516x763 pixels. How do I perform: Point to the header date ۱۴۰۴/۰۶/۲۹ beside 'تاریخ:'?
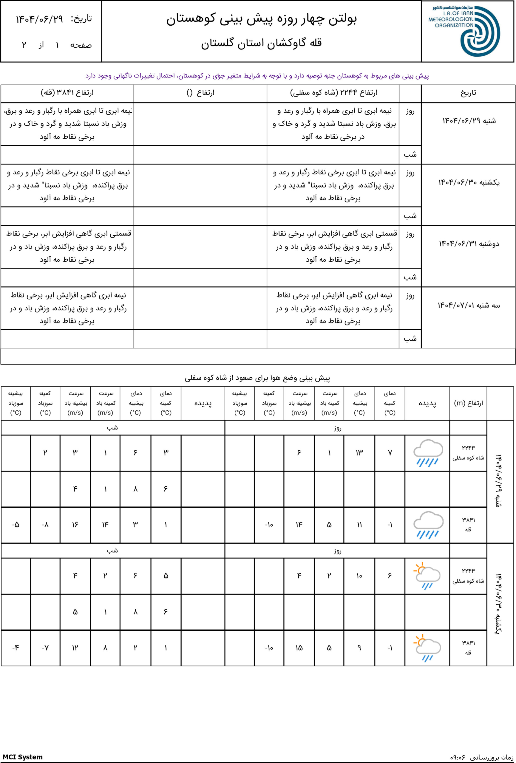[x=39, y=19]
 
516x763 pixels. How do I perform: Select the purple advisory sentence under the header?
[x=257, y=76]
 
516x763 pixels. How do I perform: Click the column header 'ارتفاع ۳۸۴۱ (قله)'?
[x=67, y=93]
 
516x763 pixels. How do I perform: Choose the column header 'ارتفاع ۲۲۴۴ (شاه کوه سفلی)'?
[x=333, y=93]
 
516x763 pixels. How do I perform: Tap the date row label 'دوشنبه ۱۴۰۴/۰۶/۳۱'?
[x=469, y=244]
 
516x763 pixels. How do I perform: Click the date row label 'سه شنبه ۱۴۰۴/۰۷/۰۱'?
[x=468, y=305]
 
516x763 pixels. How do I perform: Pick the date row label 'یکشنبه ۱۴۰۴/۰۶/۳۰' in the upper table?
[x=469, y=182]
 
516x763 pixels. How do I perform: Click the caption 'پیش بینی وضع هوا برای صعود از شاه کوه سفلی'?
[x=257, y=378]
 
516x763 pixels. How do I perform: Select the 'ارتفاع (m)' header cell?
[x=468, y=403]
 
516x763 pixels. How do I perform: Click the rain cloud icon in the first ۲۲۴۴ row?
[x=427, y=453]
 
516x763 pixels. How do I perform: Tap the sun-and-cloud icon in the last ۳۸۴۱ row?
[x=427, y=648]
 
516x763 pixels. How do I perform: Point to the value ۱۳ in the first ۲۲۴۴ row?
[x=359, y=453]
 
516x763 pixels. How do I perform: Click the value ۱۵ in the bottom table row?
[x=299, y=648]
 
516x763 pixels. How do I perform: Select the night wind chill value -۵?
[x=16, y=525]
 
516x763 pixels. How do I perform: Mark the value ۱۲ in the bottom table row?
[x=75, y=648]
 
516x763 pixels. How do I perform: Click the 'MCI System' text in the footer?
[x=23, y=754]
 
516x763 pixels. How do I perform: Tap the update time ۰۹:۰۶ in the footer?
[x=458, y=755]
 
